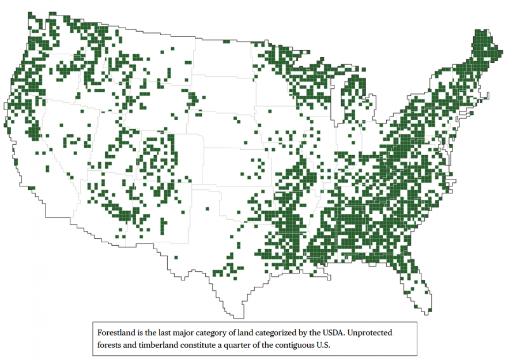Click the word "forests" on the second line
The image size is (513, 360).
click(x=110, y=345)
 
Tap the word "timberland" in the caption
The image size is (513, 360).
click(x=162, y=345)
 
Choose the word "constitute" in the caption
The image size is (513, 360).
click(x=208, y=345)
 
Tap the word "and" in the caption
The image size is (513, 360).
click(x=133, y=345)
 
